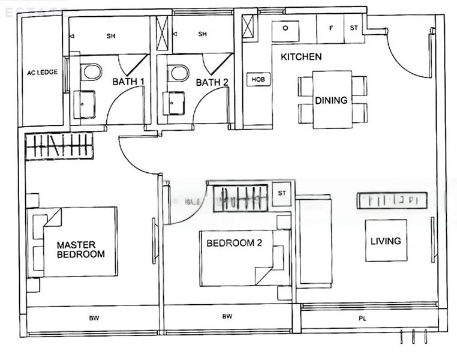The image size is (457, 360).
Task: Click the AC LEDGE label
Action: [x=42, y=73]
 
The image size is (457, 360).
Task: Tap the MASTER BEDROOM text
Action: [x=80, y=249]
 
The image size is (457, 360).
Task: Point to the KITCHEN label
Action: [x=301, y=57]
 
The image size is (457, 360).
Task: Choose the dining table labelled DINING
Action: [x=331, y=100]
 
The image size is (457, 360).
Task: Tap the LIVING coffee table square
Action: [x=386, y=241]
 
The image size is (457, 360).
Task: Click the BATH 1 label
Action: [x=127, y=82]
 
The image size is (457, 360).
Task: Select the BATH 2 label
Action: [x=212, y=82]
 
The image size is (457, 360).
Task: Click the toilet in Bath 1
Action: [x=92, y=73]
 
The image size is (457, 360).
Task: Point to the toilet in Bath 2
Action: [x=178, y=73]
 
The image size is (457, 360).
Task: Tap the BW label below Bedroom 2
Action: [x=227, y=316]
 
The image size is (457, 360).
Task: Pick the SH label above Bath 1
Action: [x=111, y=36]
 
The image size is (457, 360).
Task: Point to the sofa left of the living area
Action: [x=314, y=241]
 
